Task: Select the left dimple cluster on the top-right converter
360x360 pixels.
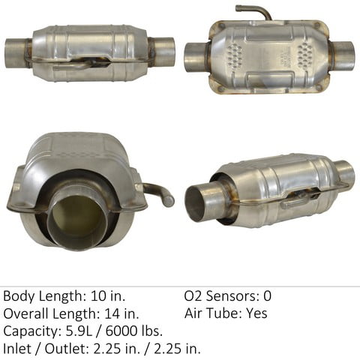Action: point(233,52)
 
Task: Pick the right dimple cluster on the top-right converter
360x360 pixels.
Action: point(306,54)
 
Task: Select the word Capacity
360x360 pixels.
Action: point(31,331)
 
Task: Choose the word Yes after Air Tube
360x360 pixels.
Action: point(255,313)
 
